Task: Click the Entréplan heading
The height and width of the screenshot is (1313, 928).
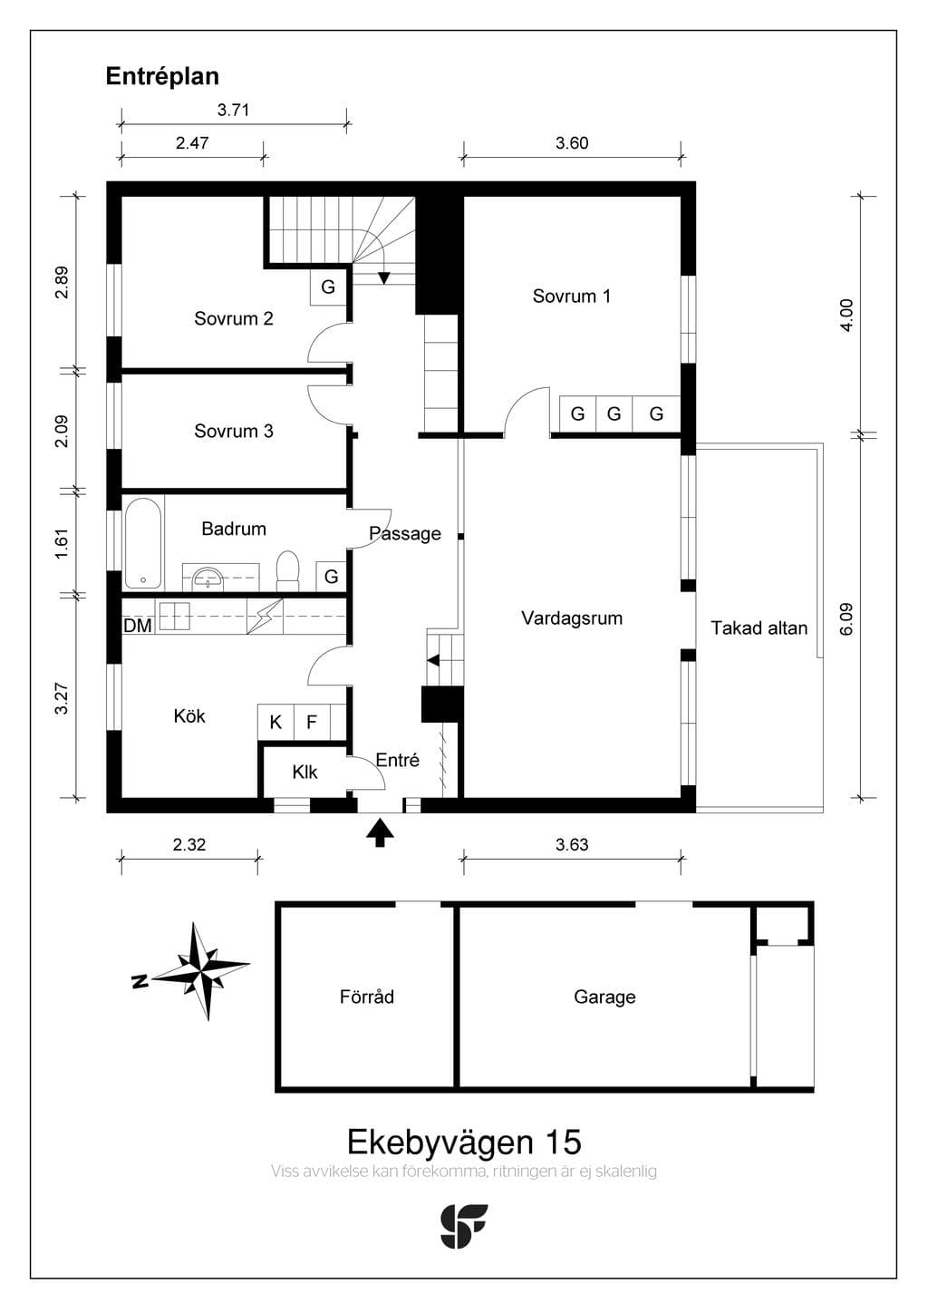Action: click(162, 77)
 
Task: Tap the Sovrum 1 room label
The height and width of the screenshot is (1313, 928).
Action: click(571, 296)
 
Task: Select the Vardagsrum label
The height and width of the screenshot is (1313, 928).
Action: click(572, 618)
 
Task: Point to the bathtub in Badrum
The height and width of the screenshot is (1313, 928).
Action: click(142, 543)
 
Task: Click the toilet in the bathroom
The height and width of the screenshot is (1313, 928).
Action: click(287, 570)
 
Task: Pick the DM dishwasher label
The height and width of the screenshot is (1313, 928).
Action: click(138, 626)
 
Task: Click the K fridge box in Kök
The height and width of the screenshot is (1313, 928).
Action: click(275, 722)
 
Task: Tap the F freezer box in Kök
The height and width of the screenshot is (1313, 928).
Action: click(312, 722)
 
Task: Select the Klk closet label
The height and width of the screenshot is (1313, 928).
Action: click(304, 772)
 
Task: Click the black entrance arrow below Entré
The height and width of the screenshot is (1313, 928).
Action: click(381, 833)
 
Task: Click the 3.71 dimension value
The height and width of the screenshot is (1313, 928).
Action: click(233, 110)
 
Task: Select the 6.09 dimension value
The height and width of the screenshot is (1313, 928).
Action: click(846, 619)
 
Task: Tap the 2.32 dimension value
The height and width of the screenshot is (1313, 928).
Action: click(189, 845)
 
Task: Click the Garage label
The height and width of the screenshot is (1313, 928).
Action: click(604, 997)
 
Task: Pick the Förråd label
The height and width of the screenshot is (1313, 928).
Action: click(367, 997)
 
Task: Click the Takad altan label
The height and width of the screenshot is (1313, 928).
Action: click(759, 627)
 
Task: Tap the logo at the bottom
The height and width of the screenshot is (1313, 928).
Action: click(464, 1226)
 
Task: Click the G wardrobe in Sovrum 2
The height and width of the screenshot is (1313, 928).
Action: click(328, 287)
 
